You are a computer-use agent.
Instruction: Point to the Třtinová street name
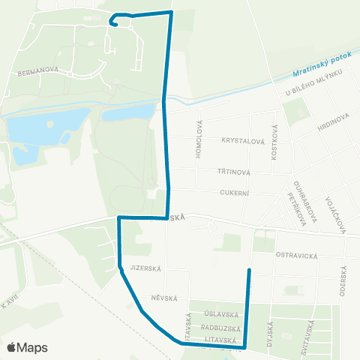(x=235, y=171)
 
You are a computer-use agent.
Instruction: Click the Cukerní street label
(x=234, y=193)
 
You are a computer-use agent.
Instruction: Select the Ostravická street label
(x=297, y=255)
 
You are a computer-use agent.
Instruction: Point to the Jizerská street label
(x=146, y=268)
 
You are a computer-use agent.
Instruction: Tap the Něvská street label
(x=163, y=298)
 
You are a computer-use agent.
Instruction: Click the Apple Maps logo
(x=27, y=347)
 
